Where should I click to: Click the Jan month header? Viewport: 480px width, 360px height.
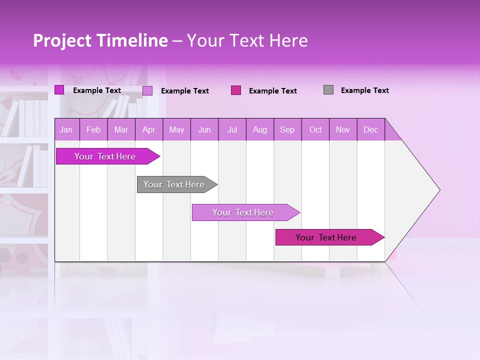[66, 130]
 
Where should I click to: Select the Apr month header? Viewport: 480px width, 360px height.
[149, 130]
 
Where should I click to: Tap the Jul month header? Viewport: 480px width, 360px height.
[232, 130]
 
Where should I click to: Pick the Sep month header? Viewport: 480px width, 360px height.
[287, 130]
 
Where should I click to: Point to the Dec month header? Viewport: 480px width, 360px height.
[370, 130]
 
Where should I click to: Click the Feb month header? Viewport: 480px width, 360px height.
[93, 130]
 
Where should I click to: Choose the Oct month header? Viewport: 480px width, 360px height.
[315, 130]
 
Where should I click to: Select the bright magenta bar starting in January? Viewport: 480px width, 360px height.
[105, 156]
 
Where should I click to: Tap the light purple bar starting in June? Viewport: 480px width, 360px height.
[243, 212]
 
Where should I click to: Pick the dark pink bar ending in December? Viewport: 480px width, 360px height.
[326, 237]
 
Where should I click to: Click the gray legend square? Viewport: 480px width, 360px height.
[328, 90]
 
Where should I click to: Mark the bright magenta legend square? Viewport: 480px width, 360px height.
[59, 90]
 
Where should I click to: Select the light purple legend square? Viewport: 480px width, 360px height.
[147, 90]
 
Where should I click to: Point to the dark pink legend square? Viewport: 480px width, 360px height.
[236, 90]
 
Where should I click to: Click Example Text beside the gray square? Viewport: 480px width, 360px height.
[364, 90]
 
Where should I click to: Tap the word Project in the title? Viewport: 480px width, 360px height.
[62, 40]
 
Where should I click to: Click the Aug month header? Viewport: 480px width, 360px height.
[260, 130]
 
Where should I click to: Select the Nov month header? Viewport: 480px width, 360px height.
[343, 130]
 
